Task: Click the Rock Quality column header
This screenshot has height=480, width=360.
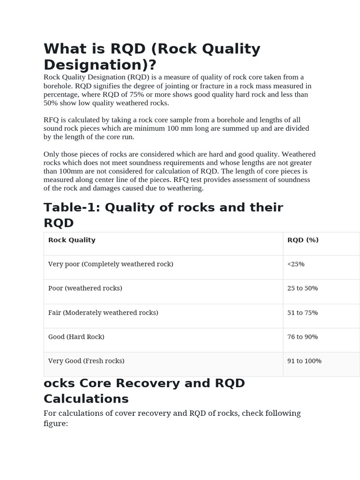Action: (72, 240)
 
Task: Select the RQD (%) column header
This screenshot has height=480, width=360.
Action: (303, 240)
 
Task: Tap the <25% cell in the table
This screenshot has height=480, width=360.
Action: (296, 264)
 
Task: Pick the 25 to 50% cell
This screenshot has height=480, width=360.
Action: (302, 288)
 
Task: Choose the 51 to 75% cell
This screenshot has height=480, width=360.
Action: (302, 313)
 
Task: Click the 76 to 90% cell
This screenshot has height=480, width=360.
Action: (302, 337)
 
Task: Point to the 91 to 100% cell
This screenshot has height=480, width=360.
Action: (304, 361)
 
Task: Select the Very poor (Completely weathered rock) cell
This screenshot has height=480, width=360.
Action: (111, 264)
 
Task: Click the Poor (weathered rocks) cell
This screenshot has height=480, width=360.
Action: (85, 288)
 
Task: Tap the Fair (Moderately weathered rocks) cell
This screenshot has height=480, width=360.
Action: (103, 313)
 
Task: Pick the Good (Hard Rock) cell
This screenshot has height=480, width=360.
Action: (76, 337)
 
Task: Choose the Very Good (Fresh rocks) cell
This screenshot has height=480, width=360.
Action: (86, 361)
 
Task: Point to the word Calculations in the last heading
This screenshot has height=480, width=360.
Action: (86, 399)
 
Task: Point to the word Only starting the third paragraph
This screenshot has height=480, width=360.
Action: (51, 154)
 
